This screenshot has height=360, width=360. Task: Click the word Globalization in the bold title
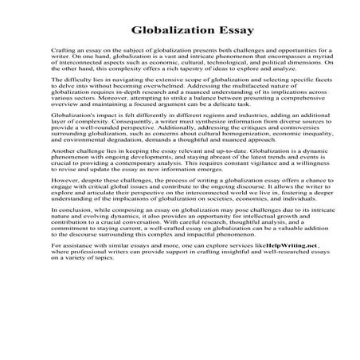162,32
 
